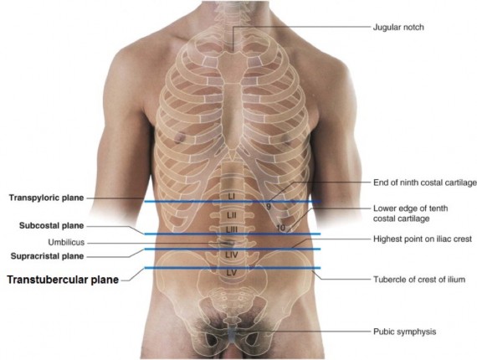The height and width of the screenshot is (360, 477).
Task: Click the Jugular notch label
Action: click(x=398, y=28)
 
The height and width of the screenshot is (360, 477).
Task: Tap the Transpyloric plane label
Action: click(x=46, y=198)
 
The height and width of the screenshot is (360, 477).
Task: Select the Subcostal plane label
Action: click(x=51, y=226)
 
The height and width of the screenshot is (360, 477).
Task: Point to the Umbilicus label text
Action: click(x=66, y=243)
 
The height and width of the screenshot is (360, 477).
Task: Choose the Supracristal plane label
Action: click(x=47, y=256)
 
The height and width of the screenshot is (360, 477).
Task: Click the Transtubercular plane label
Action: click(x=63, y=280)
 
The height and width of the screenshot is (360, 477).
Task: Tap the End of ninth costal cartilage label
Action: click(x=425, y=183)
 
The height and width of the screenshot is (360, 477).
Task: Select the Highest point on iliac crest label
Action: click(x=423, y=239)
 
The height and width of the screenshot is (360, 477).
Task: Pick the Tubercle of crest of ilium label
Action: click(x=419, y=280)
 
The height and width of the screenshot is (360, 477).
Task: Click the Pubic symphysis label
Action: click(x=404, y=332)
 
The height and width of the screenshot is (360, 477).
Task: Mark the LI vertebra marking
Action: click(x=232, y=197)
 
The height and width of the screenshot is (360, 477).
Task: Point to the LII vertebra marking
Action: click(x=232, y=215)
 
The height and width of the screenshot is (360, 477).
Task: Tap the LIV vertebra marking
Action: click(x=232, y=255)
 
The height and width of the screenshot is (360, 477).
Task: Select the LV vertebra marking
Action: click(x=232, y=273)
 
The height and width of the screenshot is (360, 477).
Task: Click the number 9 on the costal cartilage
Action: click(x=269, y=207)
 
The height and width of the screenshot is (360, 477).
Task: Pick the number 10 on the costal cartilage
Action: click(x=281, y=228)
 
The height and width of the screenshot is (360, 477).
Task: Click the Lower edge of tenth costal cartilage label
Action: click(x=410, y=213)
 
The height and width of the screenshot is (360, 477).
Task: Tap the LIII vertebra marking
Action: click(x=232, y=230)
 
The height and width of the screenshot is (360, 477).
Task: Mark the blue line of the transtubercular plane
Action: click(x=233, y=268)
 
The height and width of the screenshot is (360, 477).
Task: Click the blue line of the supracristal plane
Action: click(x=233, y=249)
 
